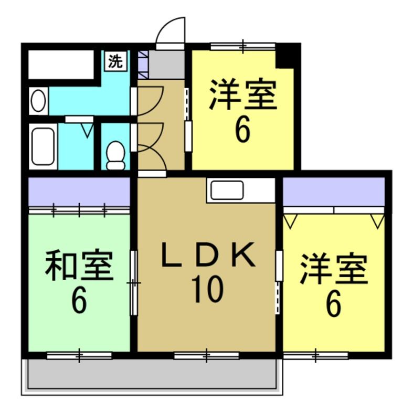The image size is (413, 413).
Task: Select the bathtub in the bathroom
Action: click(43, 146)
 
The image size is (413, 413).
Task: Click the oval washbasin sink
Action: click(38, 101)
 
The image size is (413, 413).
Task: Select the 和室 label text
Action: click(79, 266)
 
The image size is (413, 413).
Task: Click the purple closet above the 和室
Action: click(79, 192)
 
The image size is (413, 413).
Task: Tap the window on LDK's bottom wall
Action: click(206, 356)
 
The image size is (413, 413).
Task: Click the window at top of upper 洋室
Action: click(242, 46)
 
